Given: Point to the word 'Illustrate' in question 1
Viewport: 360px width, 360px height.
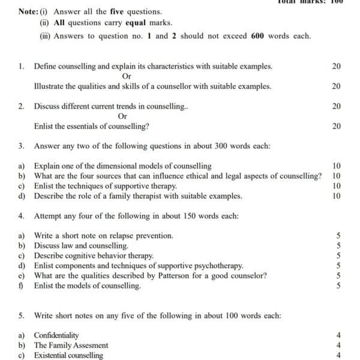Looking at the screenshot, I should click(x=51, y=86).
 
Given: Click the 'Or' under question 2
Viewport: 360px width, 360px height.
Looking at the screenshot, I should click(x=122, y=116).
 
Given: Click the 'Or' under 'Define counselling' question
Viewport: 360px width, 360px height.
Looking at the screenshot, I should click(x=126, y=76).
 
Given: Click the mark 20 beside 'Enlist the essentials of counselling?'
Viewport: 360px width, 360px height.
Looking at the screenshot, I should click(x=336, y=126).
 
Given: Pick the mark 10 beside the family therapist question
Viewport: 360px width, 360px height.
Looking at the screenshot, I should click(x=336, y=196).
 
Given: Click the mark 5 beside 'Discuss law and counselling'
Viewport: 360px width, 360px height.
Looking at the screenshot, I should click(x=339, y=245).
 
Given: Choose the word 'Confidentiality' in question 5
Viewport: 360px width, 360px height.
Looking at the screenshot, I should click(x=56, y=335).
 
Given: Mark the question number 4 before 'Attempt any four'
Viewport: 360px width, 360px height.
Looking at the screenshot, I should click(x=21, y=215).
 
